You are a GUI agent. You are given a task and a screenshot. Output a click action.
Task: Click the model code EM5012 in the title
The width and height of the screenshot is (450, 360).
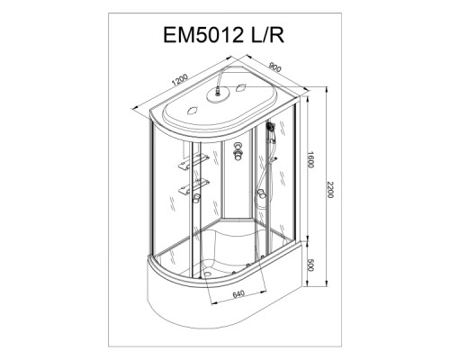click(x=203, y=35)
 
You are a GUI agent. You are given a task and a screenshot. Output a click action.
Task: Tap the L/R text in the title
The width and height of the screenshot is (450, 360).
click(x=267, y=35)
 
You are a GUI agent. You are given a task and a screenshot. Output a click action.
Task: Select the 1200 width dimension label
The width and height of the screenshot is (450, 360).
click(x=179, y=80)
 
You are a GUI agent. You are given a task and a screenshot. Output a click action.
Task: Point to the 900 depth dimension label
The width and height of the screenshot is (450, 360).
click(x=275, y=67)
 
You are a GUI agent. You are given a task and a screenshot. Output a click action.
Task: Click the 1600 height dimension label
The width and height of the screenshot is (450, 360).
click(x=310, y=160)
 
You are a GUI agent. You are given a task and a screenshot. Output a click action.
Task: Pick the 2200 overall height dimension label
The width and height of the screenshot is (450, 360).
click(x=330, y=190)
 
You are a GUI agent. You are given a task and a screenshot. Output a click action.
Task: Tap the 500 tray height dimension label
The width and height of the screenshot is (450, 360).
click(x=310, y=265)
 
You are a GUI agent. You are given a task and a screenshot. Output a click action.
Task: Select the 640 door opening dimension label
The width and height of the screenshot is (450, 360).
click(x=238, y=294)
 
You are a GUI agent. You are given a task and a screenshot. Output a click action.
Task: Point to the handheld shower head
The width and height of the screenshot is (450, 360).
click(x=270, y=126)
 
